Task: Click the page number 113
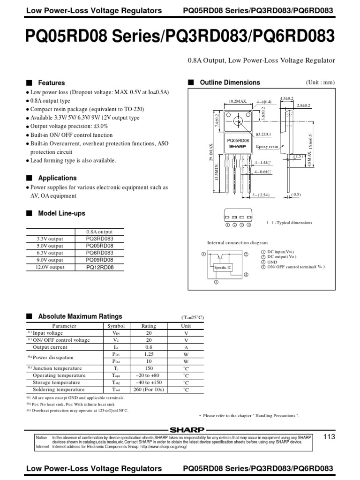[330, 437]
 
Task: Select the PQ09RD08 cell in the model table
[99, 260]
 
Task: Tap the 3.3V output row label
[50, 239]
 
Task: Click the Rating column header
[149, 326]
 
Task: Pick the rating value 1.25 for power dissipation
[149, 354]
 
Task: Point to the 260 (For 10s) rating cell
[149, 390]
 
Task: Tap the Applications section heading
[57, 178]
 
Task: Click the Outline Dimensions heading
[230, 82]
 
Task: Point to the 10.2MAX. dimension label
[238, 101]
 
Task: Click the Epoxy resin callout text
[267, 147]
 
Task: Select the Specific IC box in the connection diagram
[222, 267]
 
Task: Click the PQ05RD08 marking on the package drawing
[238, 140]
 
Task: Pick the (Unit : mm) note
[321, 82]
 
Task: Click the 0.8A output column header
[99, 232]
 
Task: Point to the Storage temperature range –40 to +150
[149, 382]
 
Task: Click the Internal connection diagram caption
[238, 243]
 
